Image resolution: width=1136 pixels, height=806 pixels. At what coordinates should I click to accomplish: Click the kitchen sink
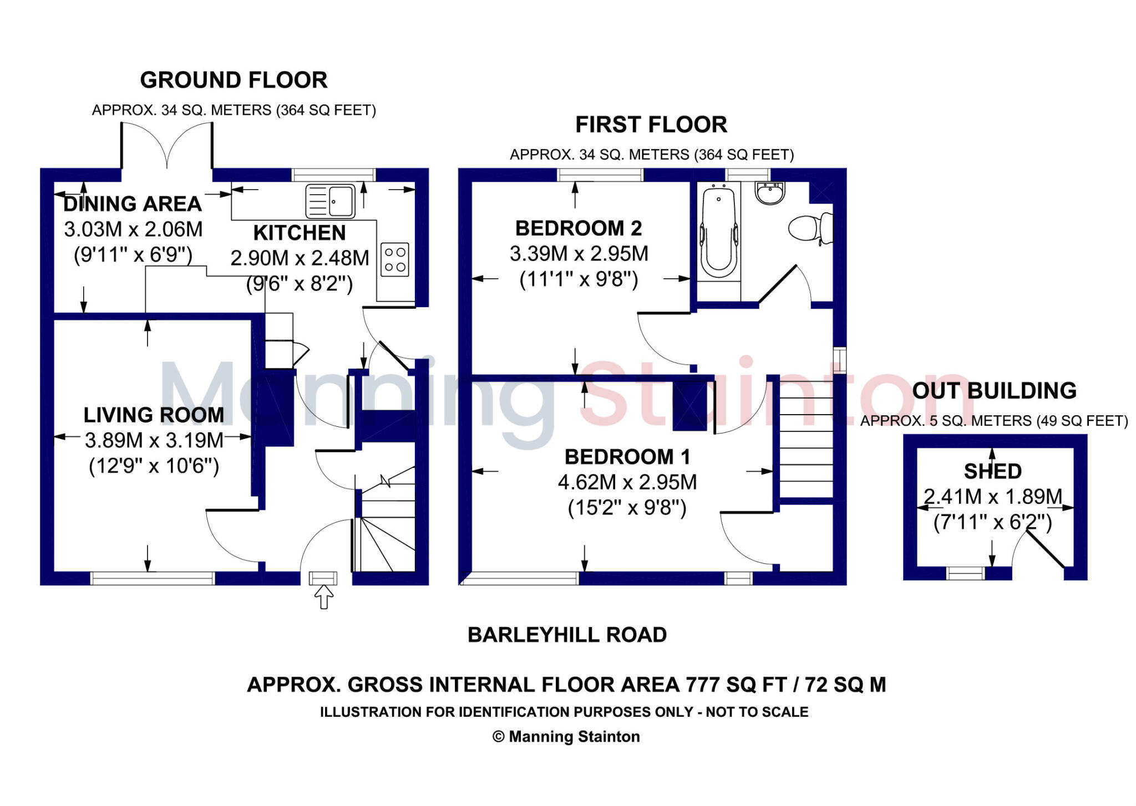[331, 201]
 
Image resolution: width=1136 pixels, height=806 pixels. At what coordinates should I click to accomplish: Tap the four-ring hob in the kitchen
[394, 259]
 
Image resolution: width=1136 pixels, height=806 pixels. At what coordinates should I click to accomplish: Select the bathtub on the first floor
[719, 233]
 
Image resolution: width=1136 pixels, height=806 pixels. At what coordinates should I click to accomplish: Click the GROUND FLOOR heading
[234, 80]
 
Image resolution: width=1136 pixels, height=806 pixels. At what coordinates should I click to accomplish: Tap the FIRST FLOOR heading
[651, 125]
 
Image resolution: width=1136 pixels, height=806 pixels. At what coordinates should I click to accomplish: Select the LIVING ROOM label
[154, 415]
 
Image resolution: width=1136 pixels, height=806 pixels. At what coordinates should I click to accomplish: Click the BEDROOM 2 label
[578, 228]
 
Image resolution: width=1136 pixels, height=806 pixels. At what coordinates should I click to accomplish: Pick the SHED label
[992, 471]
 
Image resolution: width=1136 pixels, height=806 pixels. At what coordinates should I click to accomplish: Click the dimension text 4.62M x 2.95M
[627, 482]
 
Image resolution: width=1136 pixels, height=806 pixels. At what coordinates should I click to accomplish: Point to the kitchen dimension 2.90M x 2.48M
[300, 258]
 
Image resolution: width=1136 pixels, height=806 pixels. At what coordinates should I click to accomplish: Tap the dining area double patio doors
[166, 145]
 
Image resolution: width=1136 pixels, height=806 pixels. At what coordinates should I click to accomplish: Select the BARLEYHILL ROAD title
[567, 635]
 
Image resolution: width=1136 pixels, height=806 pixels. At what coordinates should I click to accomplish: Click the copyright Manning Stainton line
[566, 737]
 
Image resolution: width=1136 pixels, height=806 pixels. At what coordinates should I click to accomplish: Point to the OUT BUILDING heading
[994, 391]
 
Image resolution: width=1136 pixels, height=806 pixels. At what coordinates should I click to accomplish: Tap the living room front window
[153, 579]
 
